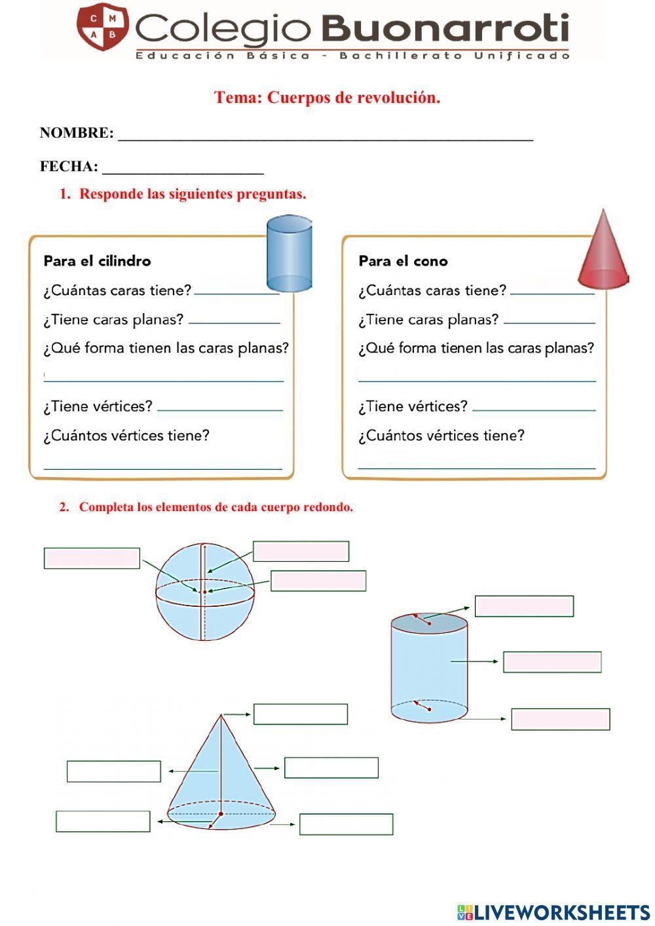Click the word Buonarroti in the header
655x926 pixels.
coord(445,29)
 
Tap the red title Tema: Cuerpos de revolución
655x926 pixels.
coord(327,98)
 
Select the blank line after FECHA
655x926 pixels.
coord(183,169)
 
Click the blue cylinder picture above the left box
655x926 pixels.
coord(289,254)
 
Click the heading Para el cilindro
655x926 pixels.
coord(97,261)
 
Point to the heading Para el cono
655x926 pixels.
coord(403,261)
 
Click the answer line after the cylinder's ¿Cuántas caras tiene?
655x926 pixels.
coord(236,292)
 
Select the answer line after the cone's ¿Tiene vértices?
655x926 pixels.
coord(534,408)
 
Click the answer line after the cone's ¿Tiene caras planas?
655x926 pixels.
coord(549,321)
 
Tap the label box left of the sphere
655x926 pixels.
coord(92,558)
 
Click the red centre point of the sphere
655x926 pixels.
coord(204,592)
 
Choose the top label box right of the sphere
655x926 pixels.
coord(301,551)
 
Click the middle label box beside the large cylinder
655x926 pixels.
coord(552,662)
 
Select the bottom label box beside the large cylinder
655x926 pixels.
coord(560,719)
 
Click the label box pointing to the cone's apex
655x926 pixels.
coord(300,714)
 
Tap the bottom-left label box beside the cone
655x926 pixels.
coord(103,821)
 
